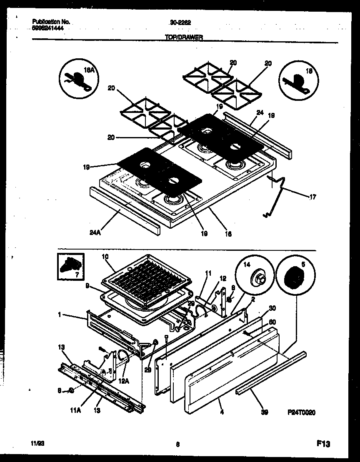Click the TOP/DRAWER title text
coord(183,37)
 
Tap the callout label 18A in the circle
coord(90,71)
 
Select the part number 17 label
coord(312,197)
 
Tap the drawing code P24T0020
coord(301,412)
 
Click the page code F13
coord(322,445)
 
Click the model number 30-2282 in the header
coord(177,23)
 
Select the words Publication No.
coord(51,22)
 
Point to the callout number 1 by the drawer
coord(60,315)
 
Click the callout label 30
coord(272,308)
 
